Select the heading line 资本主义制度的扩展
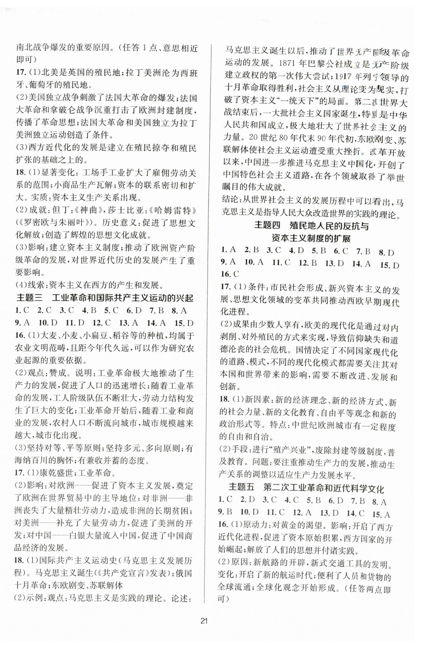(311, 239)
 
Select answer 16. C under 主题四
(230, 274)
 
